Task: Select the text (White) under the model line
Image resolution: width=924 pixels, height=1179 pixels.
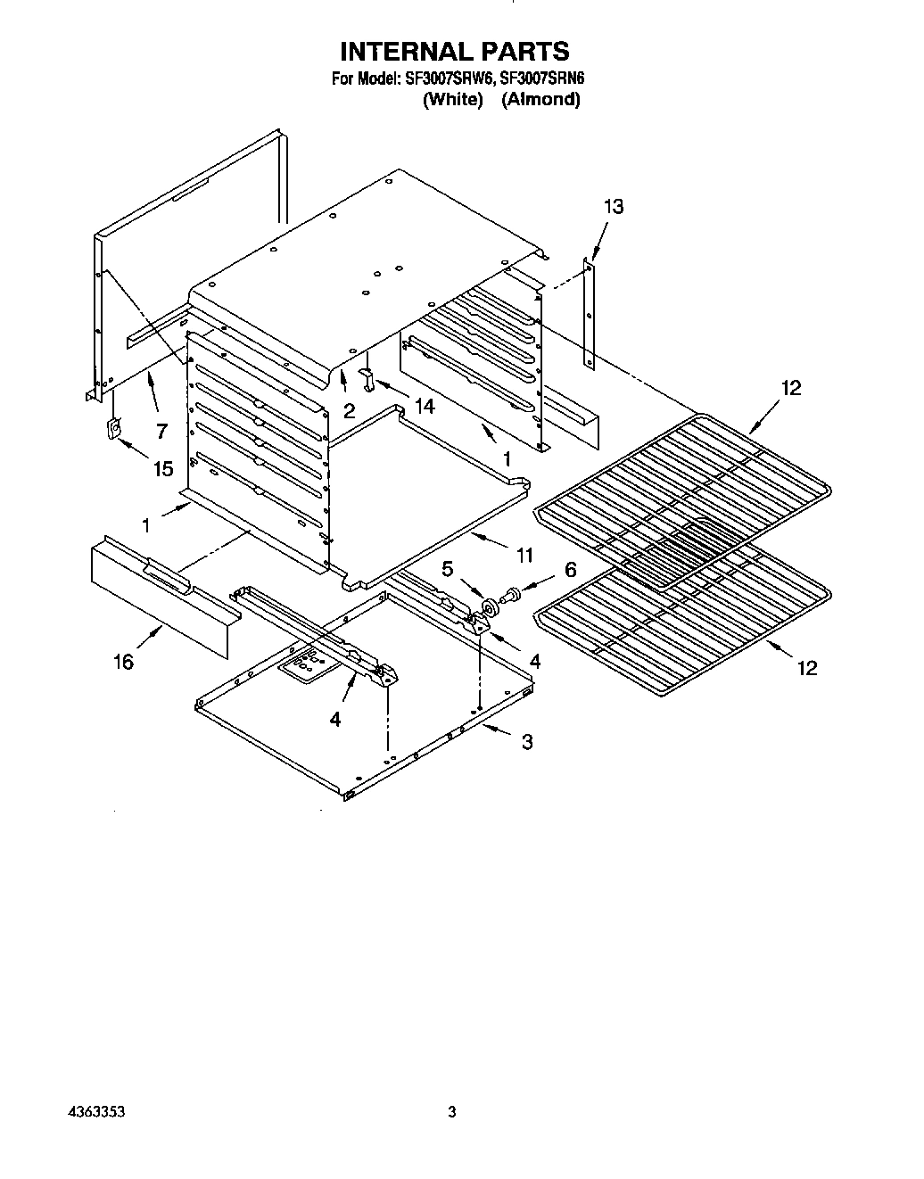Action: (452, 100)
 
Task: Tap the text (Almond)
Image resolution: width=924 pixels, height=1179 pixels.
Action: (540, 100)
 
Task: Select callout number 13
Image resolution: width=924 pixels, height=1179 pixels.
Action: (613, 207)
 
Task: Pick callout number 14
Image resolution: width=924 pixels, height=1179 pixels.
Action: (424, 406)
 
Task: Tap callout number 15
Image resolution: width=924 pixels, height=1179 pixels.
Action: (162, 468)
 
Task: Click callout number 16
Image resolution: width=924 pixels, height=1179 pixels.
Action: (123, 661)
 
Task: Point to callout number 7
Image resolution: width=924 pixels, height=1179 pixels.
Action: (161, 432)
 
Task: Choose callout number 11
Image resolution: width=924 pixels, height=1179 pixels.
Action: (524, 556)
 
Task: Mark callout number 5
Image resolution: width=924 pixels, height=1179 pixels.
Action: (447, 568)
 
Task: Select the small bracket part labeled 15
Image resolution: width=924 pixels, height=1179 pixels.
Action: (113, 430)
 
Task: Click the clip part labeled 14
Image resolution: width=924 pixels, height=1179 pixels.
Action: (367, 377)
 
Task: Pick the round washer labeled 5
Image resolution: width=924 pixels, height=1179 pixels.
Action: (490, 609)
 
